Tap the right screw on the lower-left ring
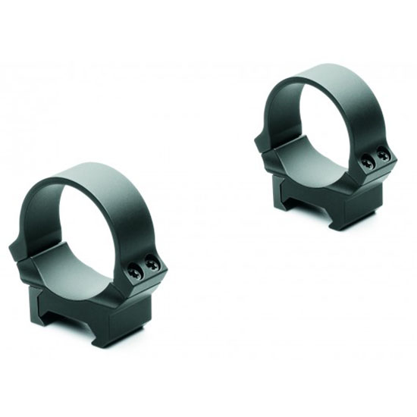[153, 265]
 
